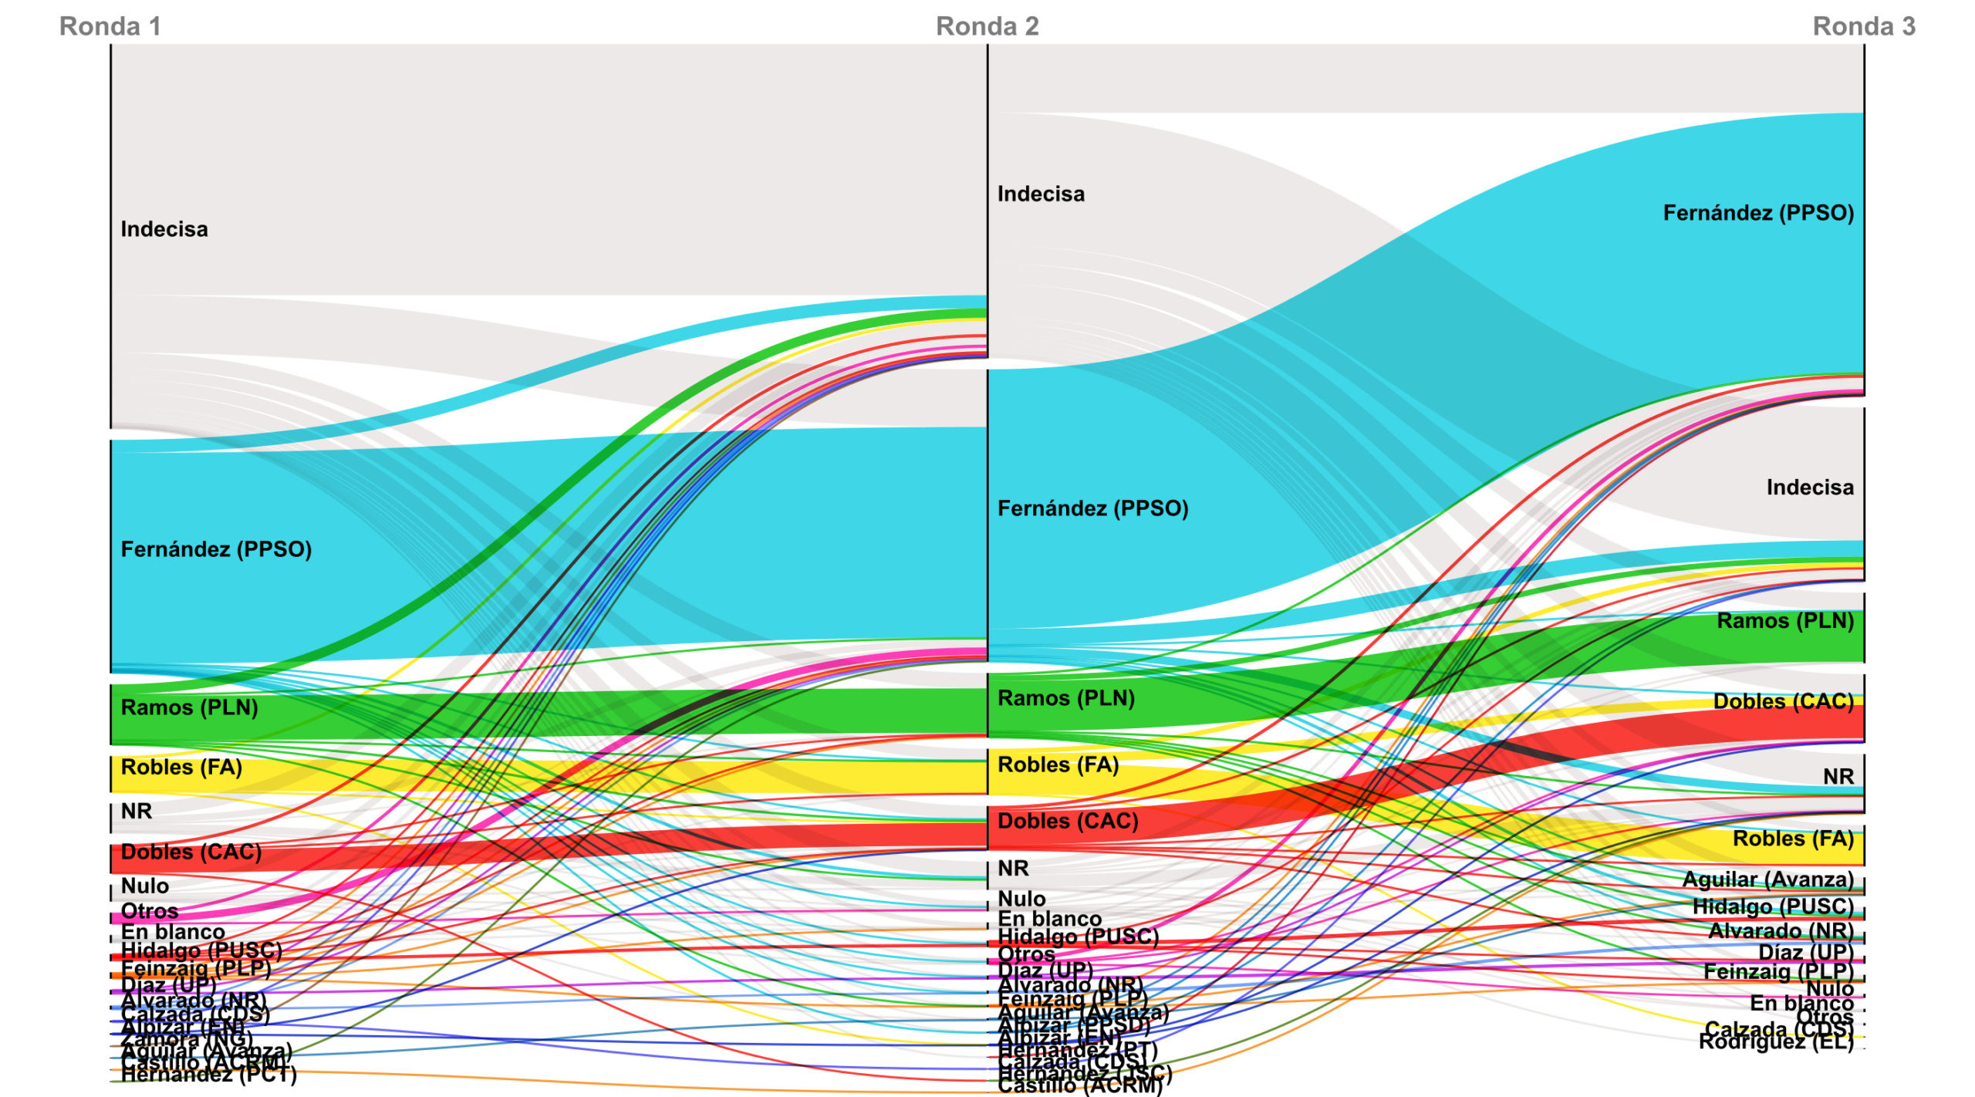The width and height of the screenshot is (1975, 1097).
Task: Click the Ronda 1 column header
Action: (x=110, y=26)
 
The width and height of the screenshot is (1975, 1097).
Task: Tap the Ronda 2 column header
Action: (x=987, y=26)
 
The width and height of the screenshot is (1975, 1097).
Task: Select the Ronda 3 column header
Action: (x=1863, y=26)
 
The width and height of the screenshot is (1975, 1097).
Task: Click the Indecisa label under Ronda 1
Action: (x=164, y=229)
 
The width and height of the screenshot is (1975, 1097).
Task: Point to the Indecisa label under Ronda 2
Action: (x=1041, y=194)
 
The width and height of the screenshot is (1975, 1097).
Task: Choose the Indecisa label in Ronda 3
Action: (x=1809, y=488)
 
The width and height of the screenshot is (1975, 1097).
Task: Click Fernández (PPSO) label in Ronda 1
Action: (x=216, y=549)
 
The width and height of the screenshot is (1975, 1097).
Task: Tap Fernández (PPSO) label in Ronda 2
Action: (x=1092, y=508)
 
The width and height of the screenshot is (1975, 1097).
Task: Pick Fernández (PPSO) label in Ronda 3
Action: (x=1757, y=213)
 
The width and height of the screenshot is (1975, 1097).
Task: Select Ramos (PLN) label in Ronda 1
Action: (x=189, y=707)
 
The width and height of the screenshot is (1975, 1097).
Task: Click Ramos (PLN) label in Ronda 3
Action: (x=1784, y=621)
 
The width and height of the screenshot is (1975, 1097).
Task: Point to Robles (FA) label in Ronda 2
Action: (x=1058, y=765)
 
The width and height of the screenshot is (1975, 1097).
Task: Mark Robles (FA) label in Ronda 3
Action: (x=1792, y=839)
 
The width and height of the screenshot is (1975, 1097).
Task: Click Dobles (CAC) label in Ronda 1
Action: (x=191, y=852)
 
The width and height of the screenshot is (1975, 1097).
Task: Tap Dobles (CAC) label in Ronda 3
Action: (x=1783, y=701)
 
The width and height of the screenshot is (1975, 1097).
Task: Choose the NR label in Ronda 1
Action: (x=137, y=811)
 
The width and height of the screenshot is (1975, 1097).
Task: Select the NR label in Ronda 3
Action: (x=1838, y=777)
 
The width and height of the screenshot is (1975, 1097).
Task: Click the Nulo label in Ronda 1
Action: (x=144, y=886)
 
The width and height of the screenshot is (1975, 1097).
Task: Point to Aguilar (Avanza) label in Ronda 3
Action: (x=1767, y=879)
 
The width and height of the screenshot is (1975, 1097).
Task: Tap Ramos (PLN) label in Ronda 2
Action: (x=1065, y=698)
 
